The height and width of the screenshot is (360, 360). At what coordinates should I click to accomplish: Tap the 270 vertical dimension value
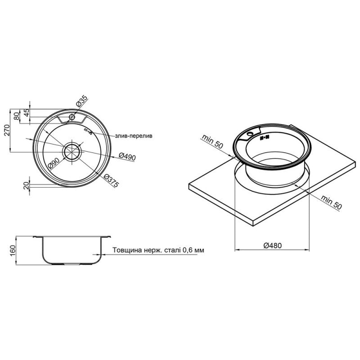pyautogui.click(x=7, y=130)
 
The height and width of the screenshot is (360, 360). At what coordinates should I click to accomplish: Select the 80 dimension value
pyautogui.click(x=17, y=116)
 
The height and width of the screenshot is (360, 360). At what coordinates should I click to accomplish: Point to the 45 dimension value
pyautogui.click(x=27, y=113)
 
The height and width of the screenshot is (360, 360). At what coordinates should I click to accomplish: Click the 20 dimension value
pyautogui.click(x=27, y=185)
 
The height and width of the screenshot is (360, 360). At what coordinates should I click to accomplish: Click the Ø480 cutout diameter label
pyautogui.click(x=272, y=245)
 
